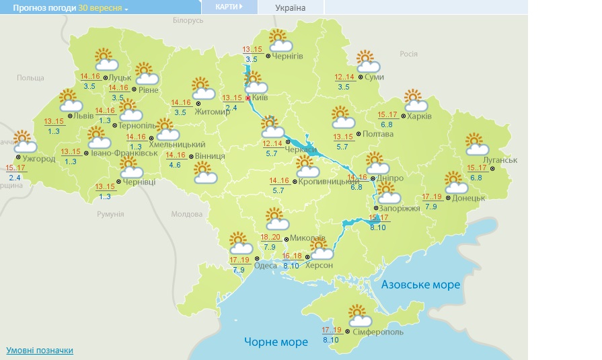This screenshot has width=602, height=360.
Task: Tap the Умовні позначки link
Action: click(x=40, y=351)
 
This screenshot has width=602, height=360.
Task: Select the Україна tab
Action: click(x=291, y=7)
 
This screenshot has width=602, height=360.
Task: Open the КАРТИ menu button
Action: click(x=229, y=7)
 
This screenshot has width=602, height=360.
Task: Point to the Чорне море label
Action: click(x=276, y=342)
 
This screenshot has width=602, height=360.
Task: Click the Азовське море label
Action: click(x=420, y=285)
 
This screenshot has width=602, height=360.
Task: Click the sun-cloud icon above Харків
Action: click(x=416, y=101)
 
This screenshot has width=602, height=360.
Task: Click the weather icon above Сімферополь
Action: click(x=361, y=315)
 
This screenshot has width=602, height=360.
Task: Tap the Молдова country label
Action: click(x=186, y=214)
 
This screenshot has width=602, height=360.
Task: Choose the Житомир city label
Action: click(x=212, y=112)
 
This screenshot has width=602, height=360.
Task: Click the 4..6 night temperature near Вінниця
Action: click(x=176, y=165)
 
